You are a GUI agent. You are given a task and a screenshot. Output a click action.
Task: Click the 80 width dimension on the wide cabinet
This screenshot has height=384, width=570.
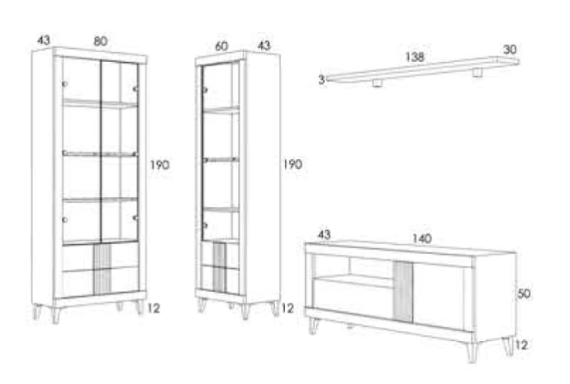101,41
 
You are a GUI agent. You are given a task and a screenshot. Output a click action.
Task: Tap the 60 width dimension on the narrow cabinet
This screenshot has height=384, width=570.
221,46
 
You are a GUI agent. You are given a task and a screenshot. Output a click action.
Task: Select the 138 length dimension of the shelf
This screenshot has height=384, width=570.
415,57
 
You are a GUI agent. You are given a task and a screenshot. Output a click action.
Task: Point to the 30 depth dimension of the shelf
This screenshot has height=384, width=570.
510,50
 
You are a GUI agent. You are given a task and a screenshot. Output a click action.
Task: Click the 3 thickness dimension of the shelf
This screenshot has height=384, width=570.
321,79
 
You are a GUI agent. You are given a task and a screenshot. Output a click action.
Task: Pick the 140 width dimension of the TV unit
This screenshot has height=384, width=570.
422,238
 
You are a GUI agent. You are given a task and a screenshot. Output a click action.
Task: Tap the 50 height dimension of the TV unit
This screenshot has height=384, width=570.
524,294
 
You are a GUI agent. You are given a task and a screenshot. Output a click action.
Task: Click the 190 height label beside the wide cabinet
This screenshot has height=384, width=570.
160,165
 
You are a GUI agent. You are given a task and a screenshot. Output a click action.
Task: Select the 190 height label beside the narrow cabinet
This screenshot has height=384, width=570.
292,165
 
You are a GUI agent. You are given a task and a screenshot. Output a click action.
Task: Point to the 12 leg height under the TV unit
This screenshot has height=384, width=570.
521,345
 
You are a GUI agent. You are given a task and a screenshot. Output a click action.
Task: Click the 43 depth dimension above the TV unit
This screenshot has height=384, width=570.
325,235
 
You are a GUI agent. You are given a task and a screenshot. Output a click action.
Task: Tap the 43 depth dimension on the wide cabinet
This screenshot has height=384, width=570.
44,40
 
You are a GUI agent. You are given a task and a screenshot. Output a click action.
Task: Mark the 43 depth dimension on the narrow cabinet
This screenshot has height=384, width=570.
264,46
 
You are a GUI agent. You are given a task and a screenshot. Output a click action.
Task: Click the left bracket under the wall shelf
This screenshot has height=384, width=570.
378,83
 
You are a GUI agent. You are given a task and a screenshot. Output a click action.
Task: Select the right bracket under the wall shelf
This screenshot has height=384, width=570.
477,72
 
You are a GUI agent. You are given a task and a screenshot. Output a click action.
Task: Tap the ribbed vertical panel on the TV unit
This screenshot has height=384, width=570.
403,292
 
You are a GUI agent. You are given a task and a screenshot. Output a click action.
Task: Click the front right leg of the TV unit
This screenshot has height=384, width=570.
472,352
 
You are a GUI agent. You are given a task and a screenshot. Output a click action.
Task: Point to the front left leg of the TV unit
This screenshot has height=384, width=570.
313,325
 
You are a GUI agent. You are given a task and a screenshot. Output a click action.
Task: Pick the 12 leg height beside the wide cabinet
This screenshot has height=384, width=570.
154,309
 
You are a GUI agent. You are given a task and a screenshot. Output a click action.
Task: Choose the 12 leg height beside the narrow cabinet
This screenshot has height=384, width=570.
287,309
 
